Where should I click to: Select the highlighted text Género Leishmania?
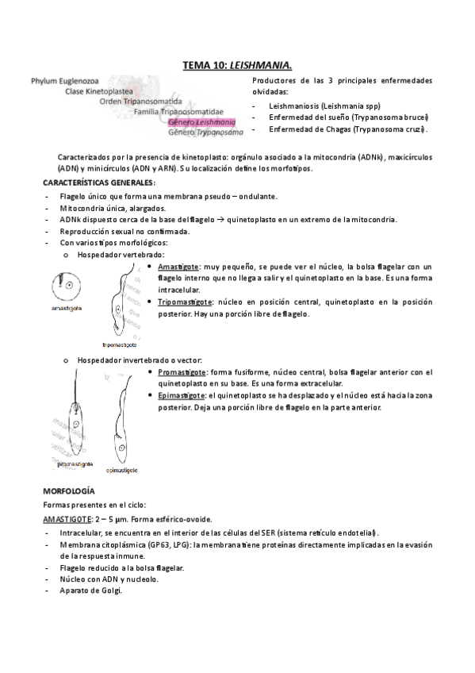coord(201,122)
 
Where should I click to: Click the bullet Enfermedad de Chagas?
coord(347,129)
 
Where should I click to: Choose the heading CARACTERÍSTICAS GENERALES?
coord(98,183)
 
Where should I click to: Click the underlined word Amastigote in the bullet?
coord(178,267)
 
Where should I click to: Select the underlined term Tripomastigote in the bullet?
coord(184,302)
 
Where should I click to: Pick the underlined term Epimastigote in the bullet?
coord(182,395)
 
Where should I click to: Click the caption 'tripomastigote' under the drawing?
coord(120,345)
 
